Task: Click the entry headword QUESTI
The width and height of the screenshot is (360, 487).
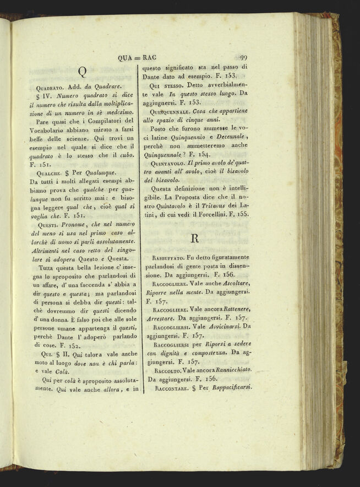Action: pos(48,225)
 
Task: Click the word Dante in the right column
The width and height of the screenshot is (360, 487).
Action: pos(152,77)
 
